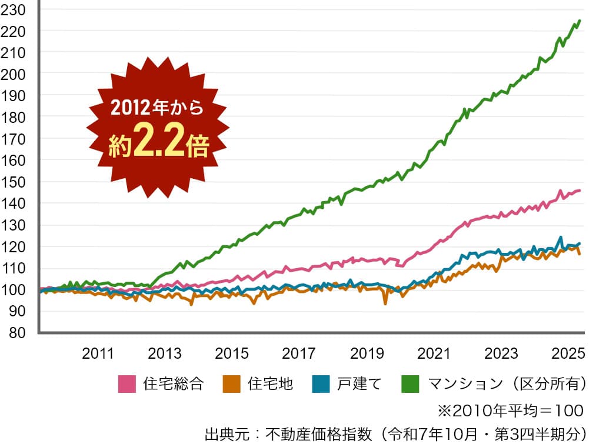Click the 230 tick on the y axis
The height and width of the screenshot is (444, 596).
click(13, 9)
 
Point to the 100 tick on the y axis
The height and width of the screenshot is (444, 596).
click(13, 290)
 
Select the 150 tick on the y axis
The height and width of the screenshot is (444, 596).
click(13, 182)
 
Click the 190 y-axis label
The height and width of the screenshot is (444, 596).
click(13, 95)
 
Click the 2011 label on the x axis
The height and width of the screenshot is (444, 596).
click(98, 353)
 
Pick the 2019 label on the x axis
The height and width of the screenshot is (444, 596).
click(367, 353)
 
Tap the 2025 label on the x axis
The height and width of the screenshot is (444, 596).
click(568, 353)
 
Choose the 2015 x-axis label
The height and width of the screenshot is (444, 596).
click(232, 353)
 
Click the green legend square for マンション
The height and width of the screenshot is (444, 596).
click(410, 384)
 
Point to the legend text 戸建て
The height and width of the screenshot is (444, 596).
click(359, 384)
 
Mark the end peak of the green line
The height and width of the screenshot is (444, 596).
click(580, 21)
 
